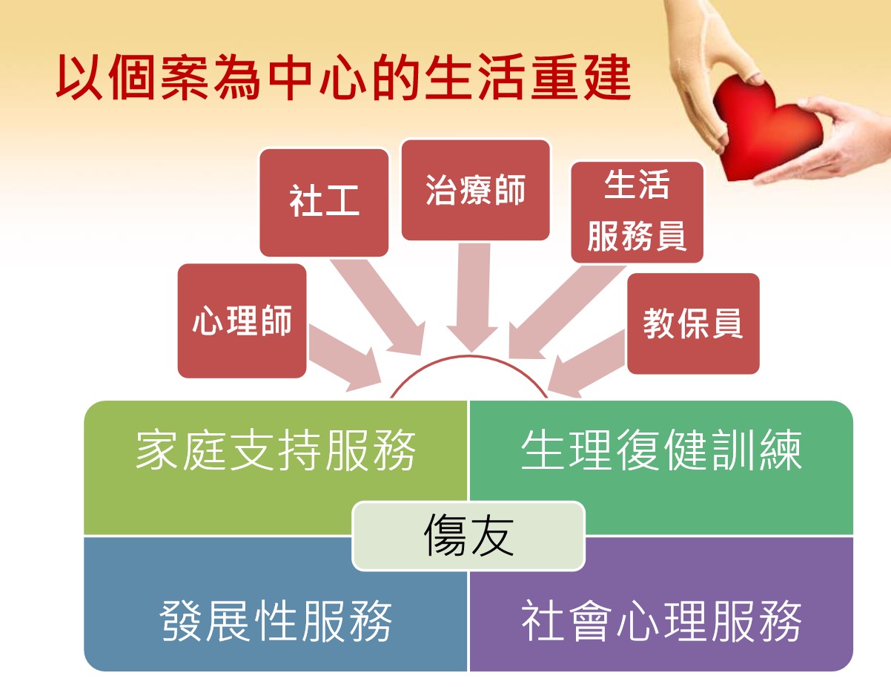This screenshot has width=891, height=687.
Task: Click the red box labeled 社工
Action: [324, 203]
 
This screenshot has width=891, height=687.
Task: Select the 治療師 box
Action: [476, 190]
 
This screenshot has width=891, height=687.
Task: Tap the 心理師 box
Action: [242, 321]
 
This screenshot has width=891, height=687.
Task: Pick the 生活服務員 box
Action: [637, 212]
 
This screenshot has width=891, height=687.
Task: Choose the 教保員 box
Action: [693, 323]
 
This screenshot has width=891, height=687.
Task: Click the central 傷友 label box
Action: [468, 536]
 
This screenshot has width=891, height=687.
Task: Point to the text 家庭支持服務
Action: [276, 450]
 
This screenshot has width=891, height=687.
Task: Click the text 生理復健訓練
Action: [661, 450]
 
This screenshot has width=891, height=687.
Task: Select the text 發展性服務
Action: [276, 620]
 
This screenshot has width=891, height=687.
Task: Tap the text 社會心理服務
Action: [661, 620]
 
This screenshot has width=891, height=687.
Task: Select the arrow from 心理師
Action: [345, 358]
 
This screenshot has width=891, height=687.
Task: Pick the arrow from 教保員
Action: [586, 364]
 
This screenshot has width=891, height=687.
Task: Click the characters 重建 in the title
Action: [580, 77]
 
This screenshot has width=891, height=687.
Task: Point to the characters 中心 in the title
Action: [317, 77]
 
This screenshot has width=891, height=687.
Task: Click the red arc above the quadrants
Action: [469, 357]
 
